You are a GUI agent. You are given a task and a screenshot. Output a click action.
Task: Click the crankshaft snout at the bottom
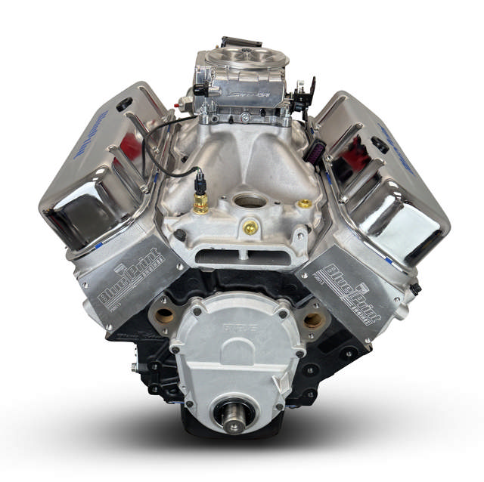pos(232,415)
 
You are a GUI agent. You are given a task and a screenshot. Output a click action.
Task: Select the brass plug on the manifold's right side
pos(304,203)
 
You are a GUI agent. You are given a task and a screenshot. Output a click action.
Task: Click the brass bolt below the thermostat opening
pos(250,227)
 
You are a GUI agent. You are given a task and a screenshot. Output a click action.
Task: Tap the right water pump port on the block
pos(314,320)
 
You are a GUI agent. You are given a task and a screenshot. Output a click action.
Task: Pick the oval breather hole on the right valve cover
pos(380,144)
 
